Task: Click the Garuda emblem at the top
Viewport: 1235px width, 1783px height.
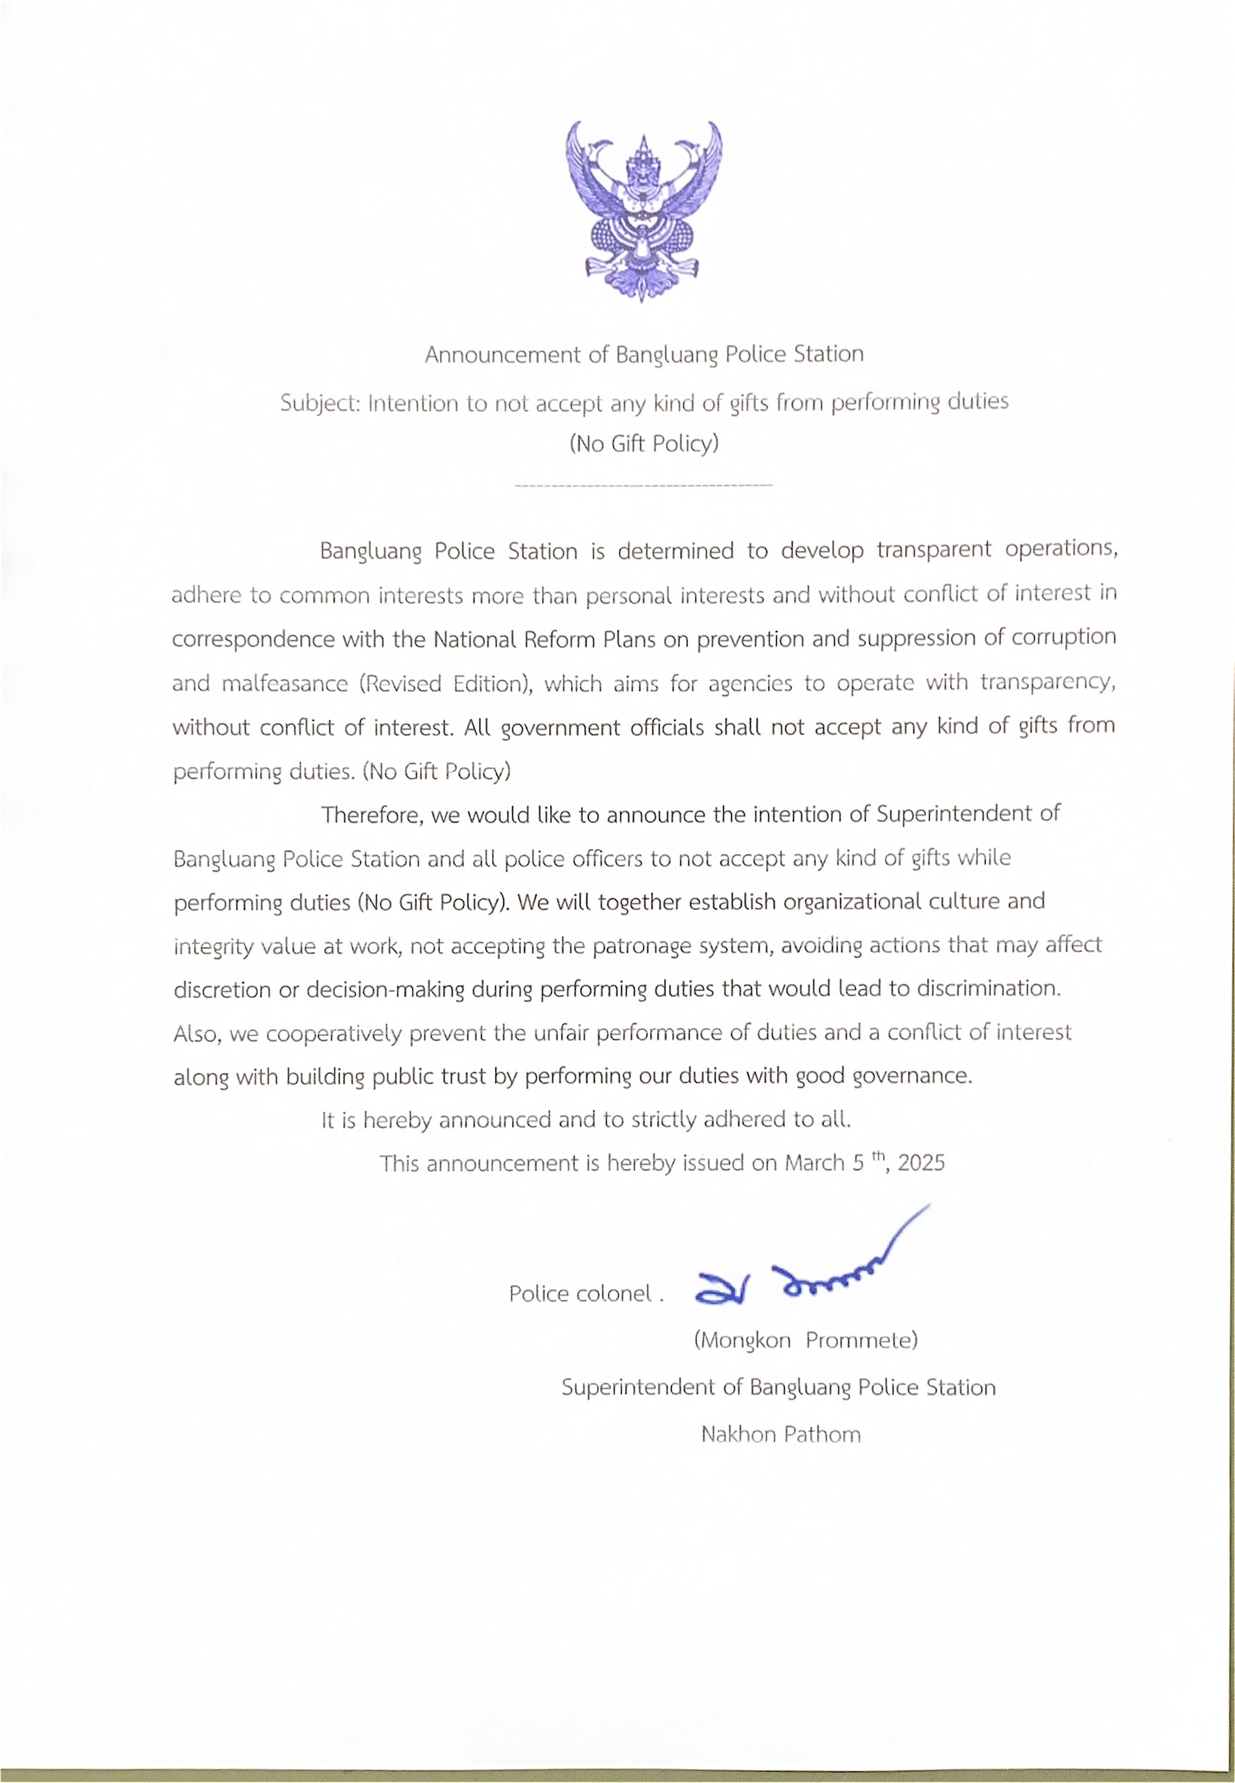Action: [643, 210]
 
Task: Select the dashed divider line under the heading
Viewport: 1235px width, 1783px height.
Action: [643, 485]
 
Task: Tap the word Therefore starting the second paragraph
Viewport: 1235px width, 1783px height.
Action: [371, 815]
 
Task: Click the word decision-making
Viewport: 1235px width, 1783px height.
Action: [385, 990]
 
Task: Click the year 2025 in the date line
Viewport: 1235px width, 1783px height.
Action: [922, 1163]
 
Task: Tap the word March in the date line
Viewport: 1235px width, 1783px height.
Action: [814, 1163]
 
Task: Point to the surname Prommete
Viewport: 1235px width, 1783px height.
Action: [860, 1340]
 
